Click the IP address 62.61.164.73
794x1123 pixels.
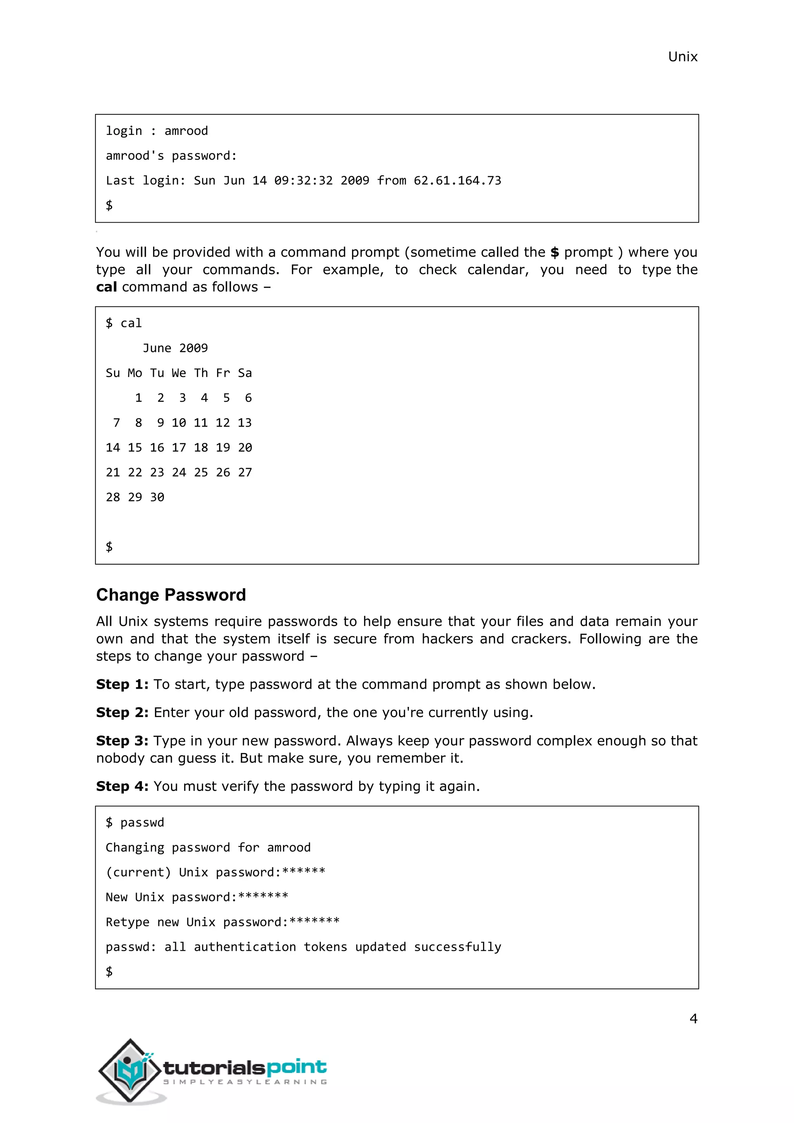457,180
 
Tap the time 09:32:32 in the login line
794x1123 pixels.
303,180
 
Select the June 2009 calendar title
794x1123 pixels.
175,348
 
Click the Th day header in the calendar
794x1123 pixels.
201,373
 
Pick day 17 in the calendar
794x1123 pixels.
179,447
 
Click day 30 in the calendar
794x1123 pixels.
157,498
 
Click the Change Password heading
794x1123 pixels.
171,595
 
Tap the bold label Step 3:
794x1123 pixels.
122,741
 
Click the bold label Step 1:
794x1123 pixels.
122,684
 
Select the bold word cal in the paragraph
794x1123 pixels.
106,287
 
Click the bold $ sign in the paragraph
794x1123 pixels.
554,252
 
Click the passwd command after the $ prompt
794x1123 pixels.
142,823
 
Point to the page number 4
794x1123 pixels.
693,1018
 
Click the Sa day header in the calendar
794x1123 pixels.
245,373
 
